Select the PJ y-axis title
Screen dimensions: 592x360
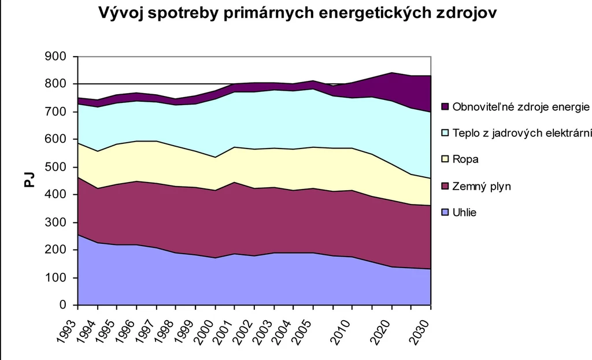pos(29,180)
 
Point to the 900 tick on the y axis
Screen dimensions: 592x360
pos(55,56)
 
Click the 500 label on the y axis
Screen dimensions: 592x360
pos(55,167)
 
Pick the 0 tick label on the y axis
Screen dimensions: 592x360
pos(62,305)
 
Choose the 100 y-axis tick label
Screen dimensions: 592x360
pos(55,277)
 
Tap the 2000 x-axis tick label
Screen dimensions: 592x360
pos(204,332)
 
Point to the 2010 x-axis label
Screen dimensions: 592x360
pos(342,332)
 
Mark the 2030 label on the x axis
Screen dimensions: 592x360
pos(420,332)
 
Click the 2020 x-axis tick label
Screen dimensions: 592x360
pos(381,332)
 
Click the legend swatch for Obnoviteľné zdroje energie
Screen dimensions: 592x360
pos(445,107)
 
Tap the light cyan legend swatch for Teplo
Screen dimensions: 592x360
pos(445,133)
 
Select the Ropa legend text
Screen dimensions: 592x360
pos(465,159)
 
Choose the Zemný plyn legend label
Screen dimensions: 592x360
pos(482,186)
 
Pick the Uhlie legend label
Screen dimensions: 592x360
pos(464,213)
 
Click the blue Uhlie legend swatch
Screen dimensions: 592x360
pos(445,213)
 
